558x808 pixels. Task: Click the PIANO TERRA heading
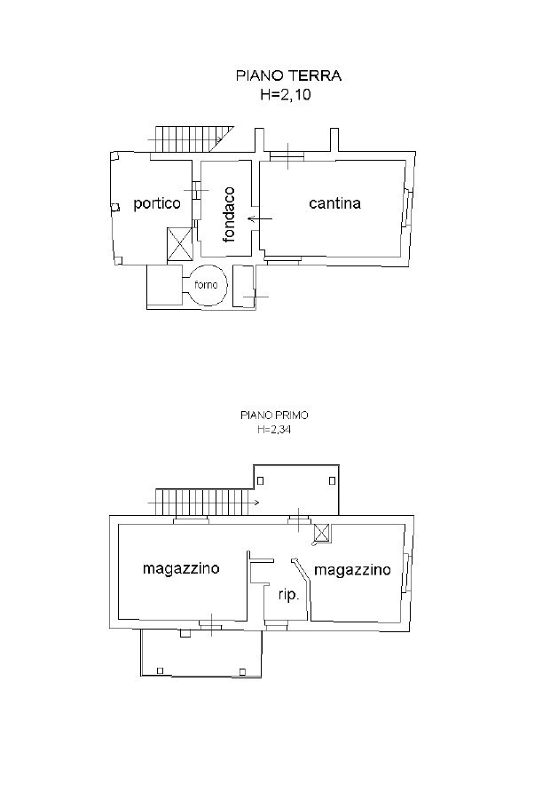pos(288,75)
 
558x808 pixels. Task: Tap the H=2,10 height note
pos(285,94)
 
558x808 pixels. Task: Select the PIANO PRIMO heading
pos(274,415)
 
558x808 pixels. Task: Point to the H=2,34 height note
pos(274,430)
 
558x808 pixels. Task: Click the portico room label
pos(157,203)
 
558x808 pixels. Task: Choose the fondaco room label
pos(229,214)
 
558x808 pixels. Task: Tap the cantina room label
pos(334,203)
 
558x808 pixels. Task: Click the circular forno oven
pos(207,284)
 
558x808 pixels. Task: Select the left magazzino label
pos(181,568)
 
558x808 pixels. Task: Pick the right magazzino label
pos(352,569)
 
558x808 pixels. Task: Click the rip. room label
pos(289,595)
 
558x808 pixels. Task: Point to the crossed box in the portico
pos(180,244)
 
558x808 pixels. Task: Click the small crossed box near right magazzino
pos(322,531)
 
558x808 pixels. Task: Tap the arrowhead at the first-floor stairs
pos(255,502)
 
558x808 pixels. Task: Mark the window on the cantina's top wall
pos(287,156)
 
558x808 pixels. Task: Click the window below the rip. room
pos(277,627)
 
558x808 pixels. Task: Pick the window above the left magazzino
pos(191,520)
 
